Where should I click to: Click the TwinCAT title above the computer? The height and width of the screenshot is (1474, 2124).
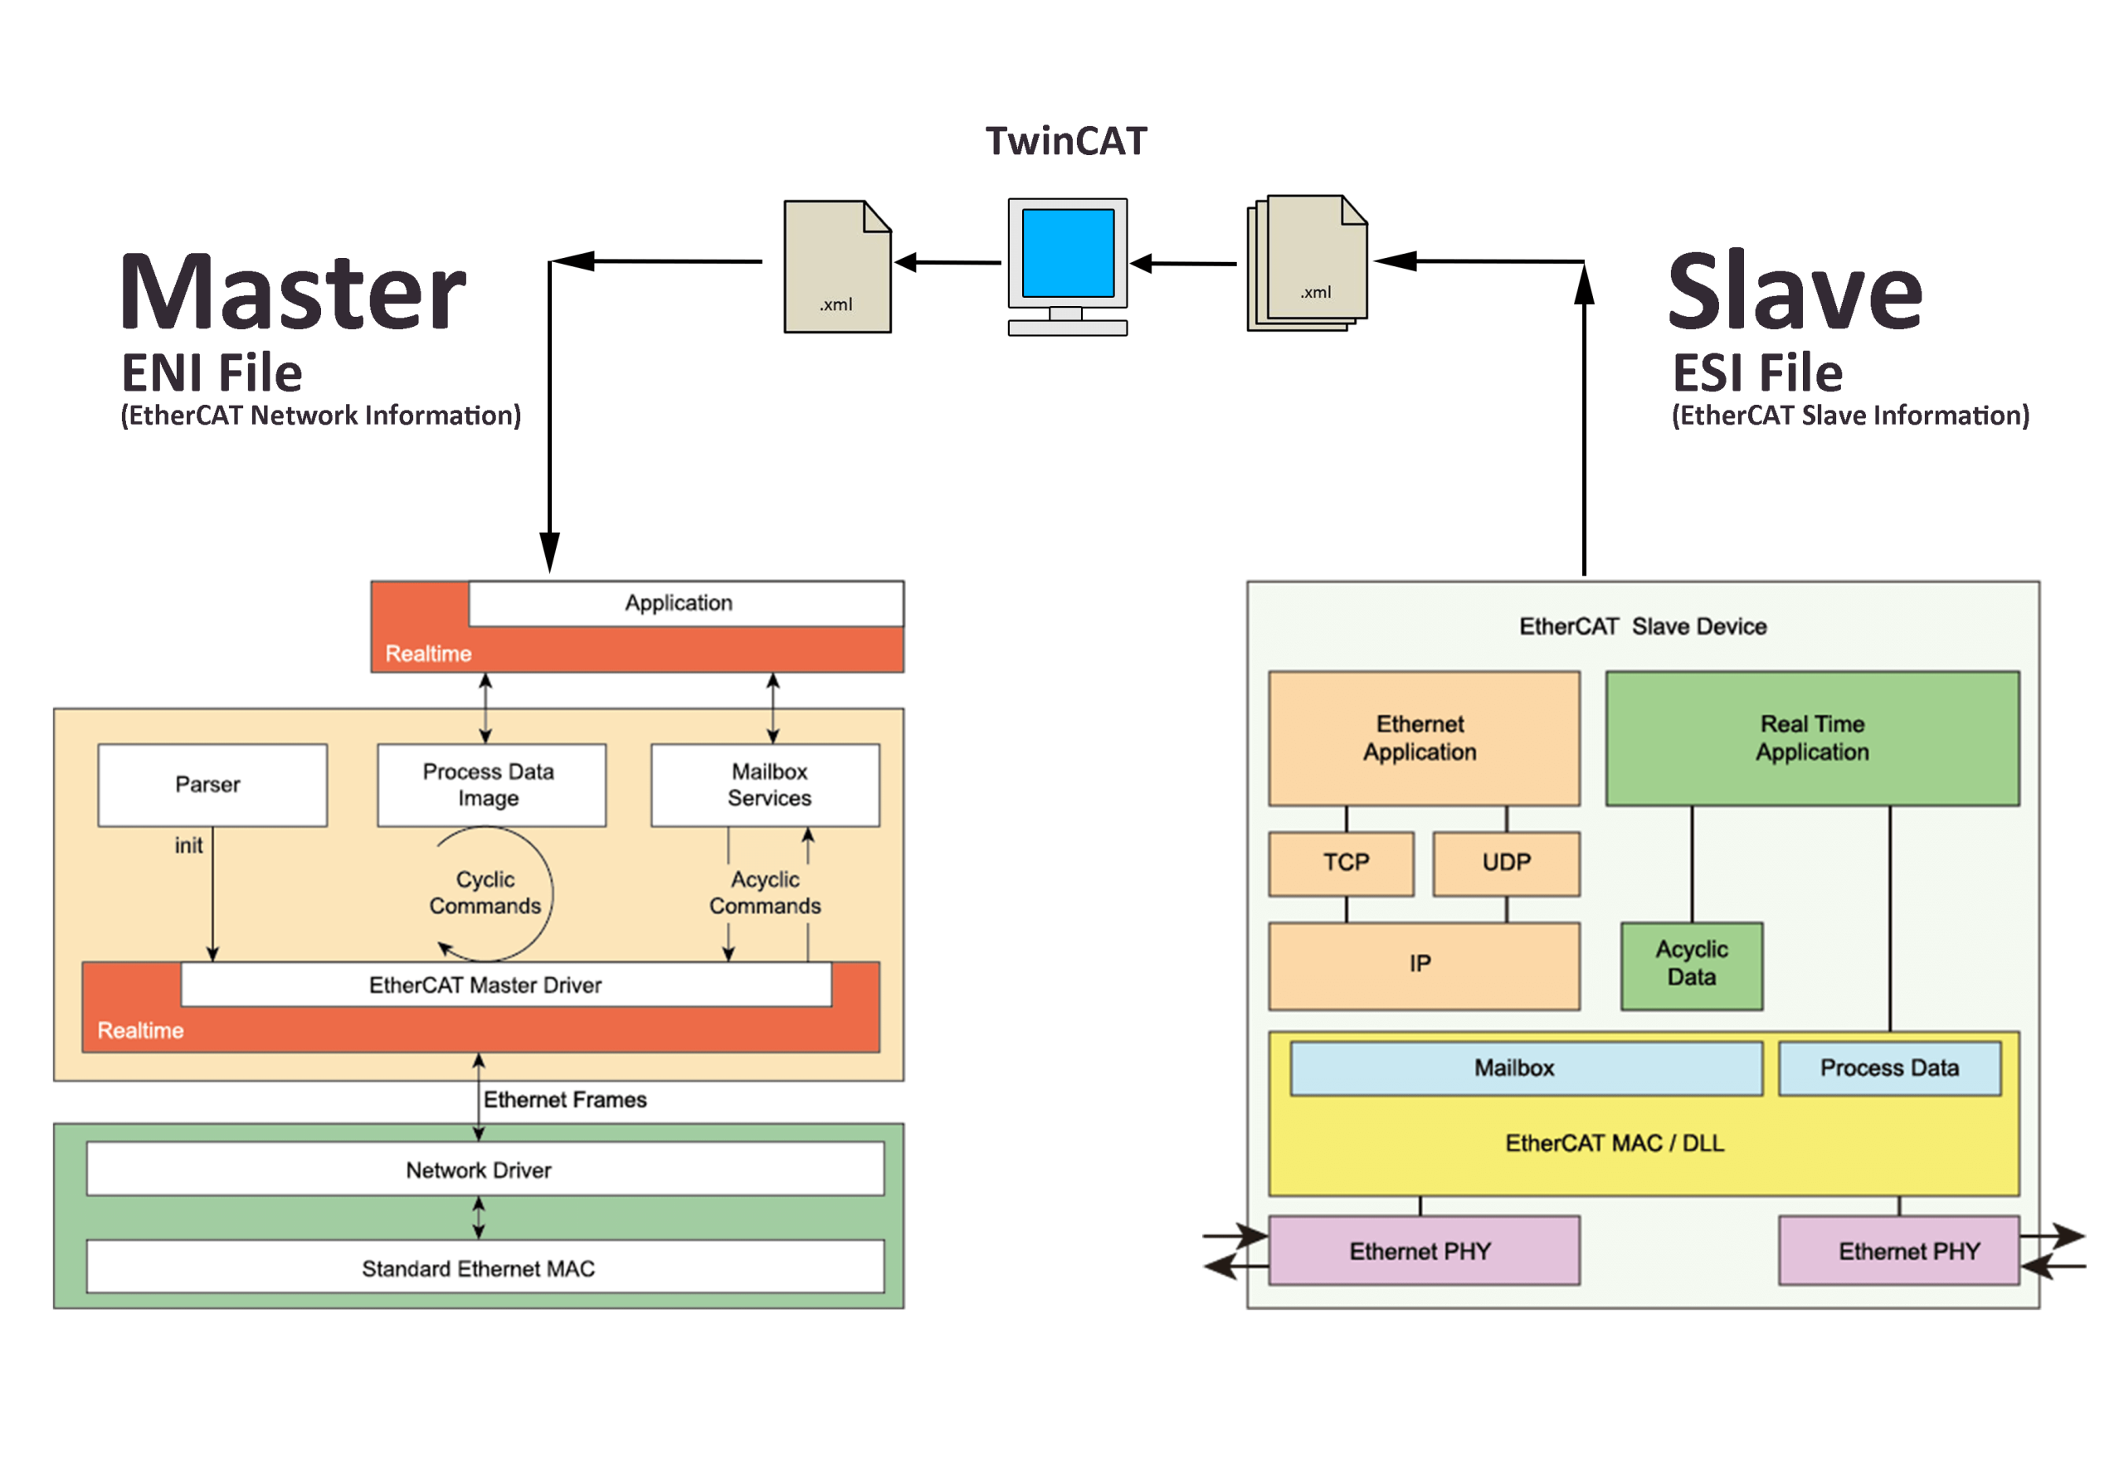(1065, 141)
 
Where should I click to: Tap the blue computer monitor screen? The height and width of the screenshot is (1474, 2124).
(1067, 252)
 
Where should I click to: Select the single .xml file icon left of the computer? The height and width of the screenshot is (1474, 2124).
(836, 267)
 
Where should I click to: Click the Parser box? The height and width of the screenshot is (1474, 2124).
(212, 784)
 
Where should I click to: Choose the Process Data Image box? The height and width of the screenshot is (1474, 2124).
(490, 784)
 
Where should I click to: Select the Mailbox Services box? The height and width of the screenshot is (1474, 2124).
(765, 784)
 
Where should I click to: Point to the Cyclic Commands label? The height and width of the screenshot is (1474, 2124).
(485, 893)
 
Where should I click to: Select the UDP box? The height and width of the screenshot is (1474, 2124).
(1506, 863)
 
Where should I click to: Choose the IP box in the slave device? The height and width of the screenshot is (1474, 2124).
(1423, 964)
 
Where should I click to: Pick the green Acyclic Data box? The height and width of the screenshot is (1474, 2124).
(1691, 964)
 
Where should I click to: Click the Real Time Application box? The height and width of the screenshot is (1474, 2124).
(1812, 738)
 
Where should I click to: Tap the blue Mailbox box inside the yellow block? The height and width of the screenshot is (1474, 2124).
(1524, 1068)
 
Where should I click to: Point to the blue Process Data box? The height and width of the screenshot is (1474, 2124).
(1888, 1068)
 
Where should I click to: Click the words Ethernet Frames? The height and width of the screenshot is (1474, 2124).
(564, 1099)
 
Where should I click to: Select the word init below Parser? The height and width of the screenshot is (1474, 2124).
(188, 845)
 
